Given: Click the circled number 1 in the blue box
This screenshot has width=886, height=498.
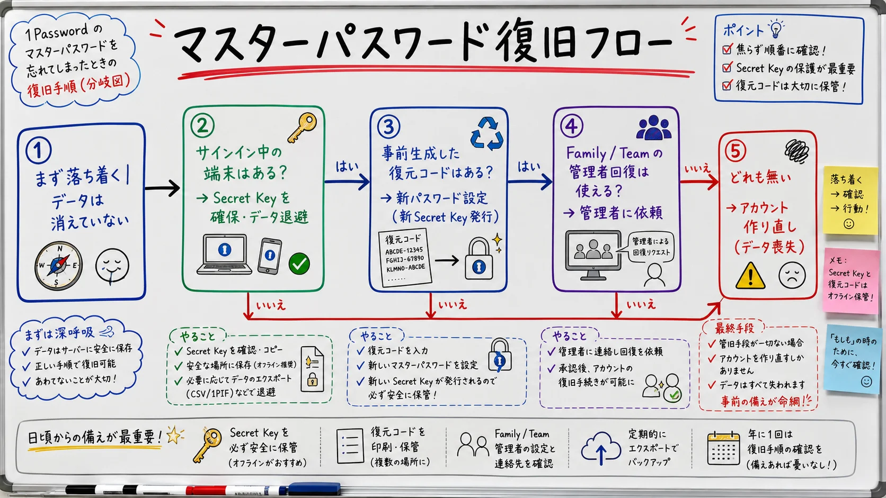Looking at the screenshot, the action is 38,150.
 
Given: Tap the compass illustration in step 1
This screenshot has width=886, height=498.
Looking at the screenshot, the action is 58,265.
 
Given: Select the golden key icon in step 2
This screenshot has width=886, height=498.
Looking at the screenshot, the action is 302,127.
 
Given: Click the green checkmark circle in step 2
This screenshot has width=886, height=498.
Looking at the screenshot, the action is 299,264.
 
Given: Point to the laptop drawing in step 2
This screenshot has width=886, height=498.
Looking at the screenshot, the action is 224,255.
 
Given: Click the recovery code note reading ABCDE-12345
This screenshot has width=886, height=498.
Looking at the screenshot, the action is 405,257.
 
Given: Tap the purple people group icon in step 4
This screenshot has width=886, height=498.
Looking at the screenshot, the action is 654,128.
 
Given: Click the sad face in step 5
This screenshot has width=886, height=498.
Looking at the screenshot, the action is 792,275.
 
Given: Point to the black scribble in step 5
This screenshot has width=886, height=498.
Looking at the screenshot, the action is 796,151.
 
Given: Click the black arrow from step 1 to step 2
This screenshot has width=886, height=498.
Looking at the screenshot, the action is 162,188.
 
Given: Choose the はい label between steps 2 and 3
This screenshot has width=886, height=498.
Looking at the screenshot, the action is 347,167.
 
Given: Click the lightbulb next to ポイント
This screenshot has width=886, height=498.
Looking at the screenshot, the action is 776,28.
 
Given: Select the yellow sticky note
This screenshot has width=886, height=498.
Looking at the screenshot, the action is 850,200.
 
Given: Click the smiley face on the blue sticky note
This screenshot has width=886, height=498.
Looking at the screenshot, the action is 866,382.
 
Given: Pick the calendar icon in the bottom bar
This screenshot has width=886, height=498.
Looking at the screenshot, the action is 723,448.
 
